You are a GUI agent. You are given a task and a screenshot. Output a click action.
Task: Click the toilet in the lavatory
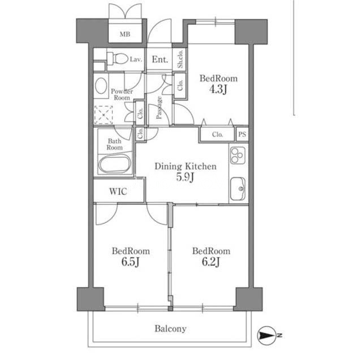point(118,59)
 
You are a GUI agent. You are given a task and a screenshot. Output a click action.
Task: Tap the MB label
point(125,35)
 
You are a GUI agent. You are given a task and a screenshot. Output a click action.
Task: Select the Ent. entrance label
point(160,59)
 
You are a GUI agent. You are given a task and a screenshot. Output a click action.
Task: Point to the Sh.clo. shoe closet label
point(180,59)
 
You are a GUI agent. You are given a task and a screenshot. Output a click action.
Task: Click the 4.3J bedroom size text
point(218,89)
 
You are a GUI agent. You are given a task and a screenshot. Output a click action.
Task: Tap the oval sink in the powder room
point(101,85)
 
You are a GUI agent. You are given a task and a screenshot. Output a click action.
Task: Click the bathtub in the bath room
point(115,163)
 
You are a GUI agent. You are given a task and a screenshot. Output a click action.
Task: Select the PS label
point(242,134)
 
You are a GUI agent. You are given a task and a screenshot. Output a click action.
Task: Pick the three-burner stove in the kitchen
point(238,155)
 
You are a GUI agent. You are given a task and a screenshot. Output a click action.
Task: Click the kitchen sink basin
point(238,189)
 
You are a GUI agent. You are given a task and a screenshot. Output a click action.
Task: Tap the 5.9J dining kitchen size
point(185,177)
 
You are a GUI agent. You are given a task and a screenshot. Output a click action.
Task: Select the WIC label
point(118,191)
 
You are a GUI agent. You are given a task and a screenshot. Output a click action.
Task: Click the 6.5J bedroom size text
point(131,262)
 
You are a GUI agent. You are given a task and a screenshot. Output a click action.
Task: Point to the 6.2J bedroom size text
point(211,262)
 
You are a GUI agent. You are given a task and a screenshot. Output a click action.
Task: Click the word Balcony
point(170,329)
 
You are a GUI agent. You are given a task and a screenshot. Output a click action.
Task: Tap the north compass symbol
point(268,335)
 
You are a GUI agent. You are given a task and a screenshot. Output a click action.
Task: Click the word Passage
point(159,107)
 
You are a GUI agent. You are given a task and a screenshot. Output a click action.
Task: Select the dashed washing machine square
point(104,115)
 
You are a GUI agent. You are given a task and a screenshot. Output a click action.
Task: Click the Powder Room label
point(122,94)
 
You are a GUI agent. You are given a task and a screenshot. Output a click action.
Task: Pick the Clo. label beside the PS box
point(217,135)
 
